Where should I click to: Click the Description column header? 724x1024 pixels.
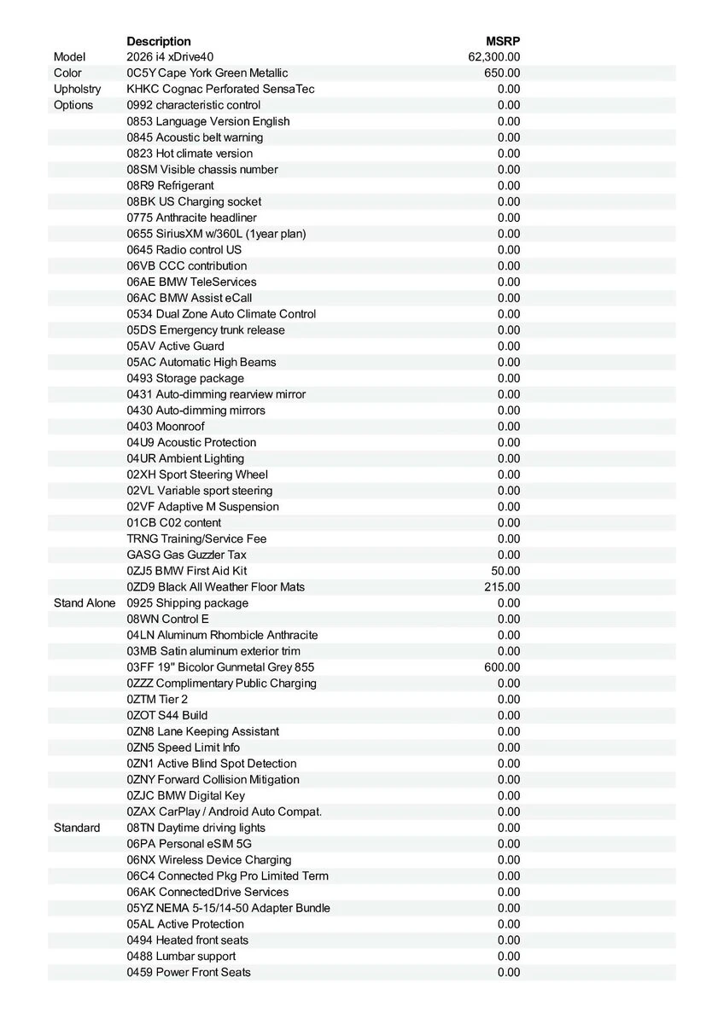(159, 41)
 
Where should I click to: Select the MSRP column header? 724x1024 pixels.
(503, 41)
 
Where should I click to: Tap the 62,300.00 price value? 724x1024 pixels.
(494, 57)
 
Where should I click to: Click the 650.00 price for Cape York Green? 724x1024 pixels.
(502, 73)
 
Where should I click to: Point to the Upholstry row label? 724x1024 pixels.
(77, 89)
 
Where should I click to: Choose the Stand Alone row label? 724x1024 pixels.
(85, 603)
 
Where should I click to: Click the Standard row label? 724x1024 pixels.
(77, 828)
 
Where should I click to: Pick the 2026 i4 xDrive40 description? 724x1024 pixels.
(171, 57)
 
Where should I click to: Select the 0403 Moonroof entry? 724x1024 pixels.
(166, 427)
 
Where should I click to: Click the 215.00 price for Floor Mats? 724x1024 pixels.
(502, 587)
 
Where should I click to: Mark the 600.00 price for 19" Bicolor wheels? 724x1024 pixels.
(502, 667)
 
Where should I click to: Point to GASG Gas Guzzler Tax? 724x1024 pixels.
(187, 555)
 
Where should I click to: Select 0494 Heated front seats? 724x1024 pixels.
(188, 940)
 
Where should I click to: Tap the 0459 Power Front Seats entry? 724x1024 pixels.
(189, 972)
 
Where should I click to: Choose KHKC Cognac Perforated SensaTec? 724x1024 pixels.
(221, 89)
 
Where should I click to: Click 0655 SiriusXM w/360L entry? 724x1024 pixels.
(216, 234)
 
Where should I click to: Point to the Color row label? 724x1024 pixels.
(67, 73)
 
